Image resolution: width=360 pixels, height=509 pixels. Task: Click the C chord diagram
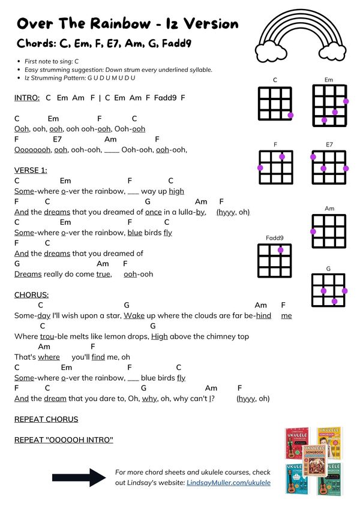click(275, 103)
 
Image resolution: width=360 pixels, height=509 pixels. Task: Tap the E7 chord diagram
click(329, 168)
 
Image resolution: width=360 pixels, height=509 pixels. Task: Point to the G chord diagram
click(329, 289)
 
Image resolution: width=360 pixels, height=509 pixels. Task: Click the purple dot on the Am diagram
click(313, 231)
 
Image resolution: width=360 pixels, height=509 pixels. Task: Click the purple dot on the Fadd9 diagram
click(281, 251)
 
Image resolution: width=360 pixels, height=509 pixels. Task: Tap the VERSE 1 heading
click(30, 170)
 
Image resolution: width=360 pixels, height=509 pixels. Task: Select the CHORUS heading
click(32, 295)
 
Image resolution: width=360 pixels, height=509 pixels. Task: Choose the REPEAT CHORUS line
click(46, 419)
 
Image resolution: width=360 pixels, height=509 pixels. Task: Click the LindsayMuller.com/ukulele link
click(229, 482)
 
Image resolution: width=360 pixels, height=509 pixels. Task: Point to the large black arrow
click(79, 477)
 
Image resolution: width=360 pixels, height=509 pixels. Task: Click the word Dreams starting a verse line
click(28, 274)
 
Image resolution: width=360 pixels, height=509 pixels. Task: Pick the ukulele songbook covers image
click(313, 460)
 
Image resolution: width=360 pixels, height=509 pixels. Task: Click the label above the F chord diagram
click(275, 144)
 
